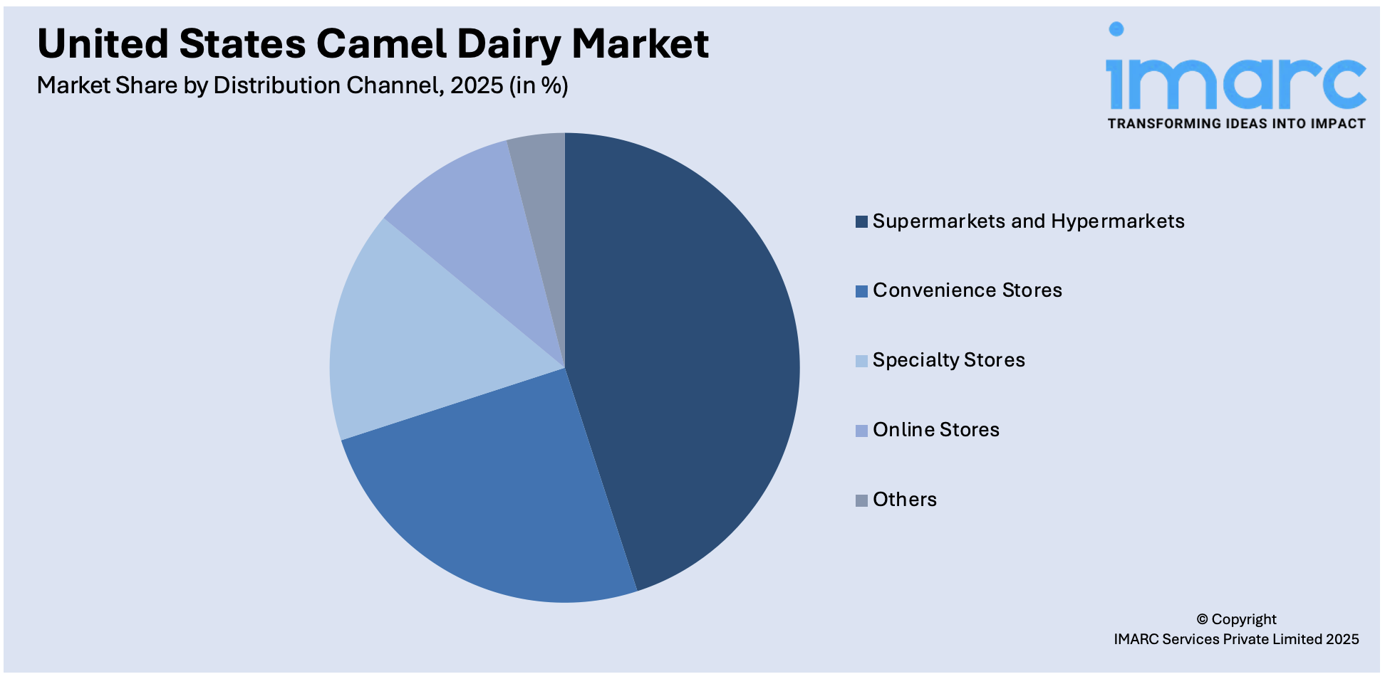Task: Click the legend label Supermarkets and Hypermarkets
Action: point(1028,221)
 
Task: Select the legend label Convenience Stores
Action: point(967,290)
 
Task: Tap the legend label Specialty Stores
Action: point(948,360)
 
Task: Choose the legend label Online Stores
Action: point(935,430)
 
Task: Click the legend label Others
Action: point(904,500)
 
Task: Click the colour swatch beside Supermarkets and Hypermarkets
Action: point(861,221)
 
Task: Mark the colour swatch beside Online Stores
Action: point(861,431)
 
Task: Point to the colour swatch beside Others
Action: point(861,500)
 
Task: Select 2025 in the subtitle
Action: point(477,85)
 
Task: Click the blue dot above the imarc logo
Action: point(1116,29)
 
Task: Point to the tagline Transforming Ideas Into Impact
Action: point(1236,124)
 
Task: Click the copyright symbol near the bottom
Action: point(1203,619)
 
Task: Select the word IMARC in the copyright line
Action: point(1136,639)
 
